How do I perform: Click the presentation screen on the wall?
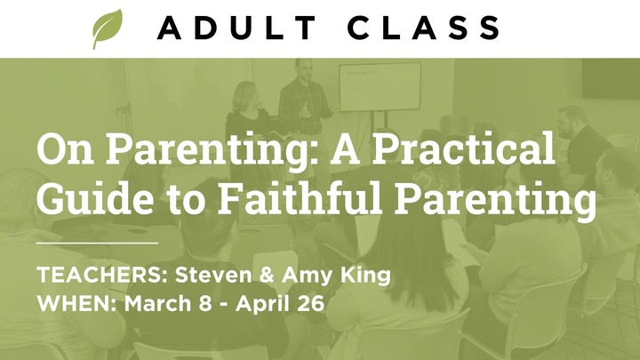point(380,86)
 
